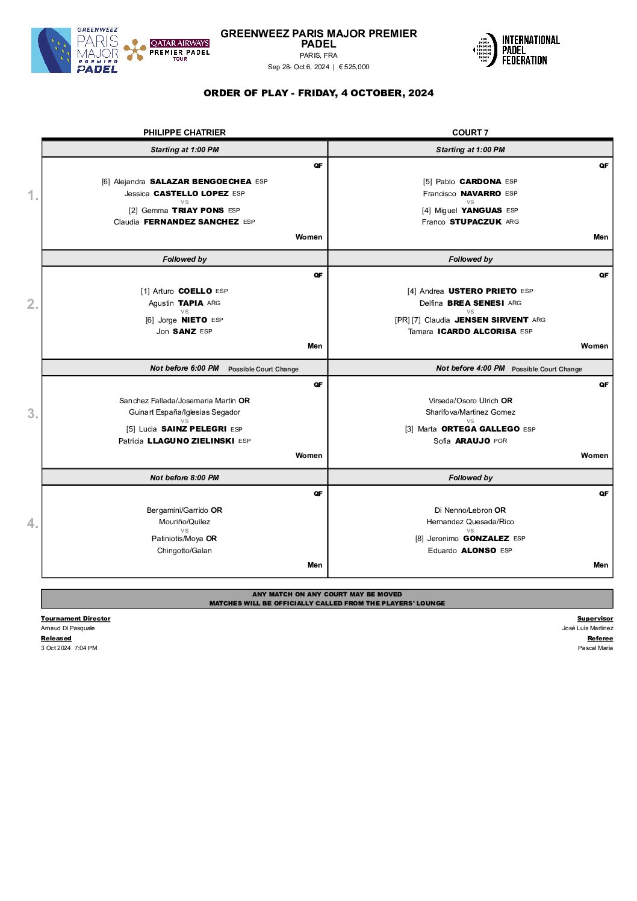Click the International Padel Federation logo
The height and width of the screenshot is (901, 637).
(517, 50)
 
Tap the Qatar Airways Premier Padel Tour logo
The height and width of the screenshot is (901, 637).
(167, 51)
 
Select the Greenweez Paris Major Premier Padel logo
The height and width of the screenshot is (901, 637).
(75, 51)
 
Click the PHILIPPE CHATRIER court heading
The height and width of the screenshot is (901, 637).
(184, 132)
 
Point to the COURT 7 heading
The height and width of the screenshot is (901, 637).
(470, 132)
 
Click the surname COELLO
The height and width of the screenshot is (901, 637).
(195, 291)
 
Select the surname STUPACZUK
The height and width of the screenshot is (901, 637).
(476, 222)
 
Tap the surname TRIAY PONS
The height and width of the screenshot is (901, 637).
(198, 211)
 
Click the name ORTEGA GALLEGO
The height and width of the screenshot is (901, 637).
(480, 429)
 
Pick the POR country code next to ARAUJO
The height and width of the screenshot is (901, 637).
(500, 441)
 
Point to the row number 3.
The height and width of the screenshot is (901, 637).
(33, 413)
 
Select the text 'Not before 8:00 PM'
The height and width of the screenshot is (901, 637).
(184, 478)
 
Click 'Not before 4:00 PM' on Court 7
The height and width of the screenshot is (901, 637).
(470, 368)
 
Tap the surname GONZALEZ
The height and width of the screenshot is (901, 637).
(486, 539)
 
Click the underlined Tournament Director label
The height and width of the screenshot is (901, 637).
(75, 619)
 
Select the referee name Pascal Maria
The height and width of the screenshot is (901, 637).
(595, 648)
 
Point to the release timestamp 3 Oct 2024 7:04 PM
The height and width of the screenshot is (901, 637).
(69, 648)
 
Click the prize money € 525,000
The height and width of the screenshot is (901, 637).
(354, 67)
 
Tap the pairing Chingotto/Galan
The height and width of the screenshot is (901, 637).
(184, 551)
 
